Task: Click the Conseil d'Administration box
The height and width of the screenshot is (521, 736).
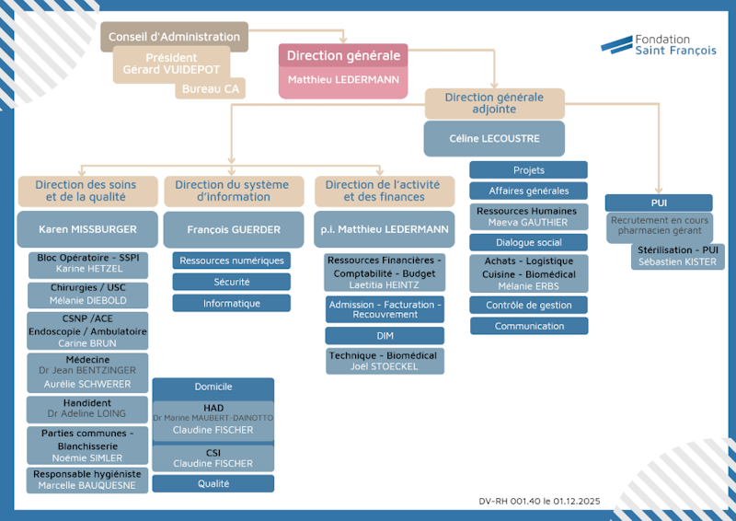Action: pos(174,37)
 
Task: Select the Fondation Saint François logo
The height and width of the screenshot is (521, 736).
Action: pos(658,45)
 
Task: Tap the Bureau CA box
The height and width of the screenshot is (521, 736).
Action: pos(210,88)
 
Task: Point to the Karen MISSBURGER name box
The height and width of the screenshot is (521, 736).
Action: pos(87,229)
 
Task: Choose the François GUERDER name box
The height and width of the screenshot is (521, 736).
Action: pos(234,229)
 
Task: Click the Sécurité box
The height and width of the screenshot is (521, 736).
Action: pos(232,282)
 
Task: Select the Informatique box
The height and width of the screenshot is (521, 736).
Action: pos(232,303)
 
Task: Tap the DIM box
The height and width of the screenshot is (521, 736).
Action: pos(385,336)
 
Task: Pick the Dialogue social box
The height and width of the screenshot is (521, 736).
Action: pos(528,242)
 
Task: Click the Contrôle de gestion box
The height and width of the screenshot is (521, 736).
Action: pos(528,305)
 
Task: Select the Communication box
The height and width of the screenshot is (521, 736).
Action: pos(528,326)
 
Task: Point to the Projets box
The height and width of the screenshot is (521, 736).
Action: pos(528,170)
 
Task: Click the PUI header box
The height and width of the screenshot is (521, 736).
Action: pos(658,203)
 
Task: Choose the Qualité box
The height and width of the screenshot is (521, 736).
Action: pos(213,483)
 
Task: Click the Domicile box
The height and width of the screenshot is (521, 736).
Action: pos(213,387)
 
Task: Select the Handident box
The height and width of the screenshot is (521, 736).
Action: pos(87,409)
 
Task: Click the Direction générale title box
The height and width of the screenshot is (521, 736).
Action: pos(343,55)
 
